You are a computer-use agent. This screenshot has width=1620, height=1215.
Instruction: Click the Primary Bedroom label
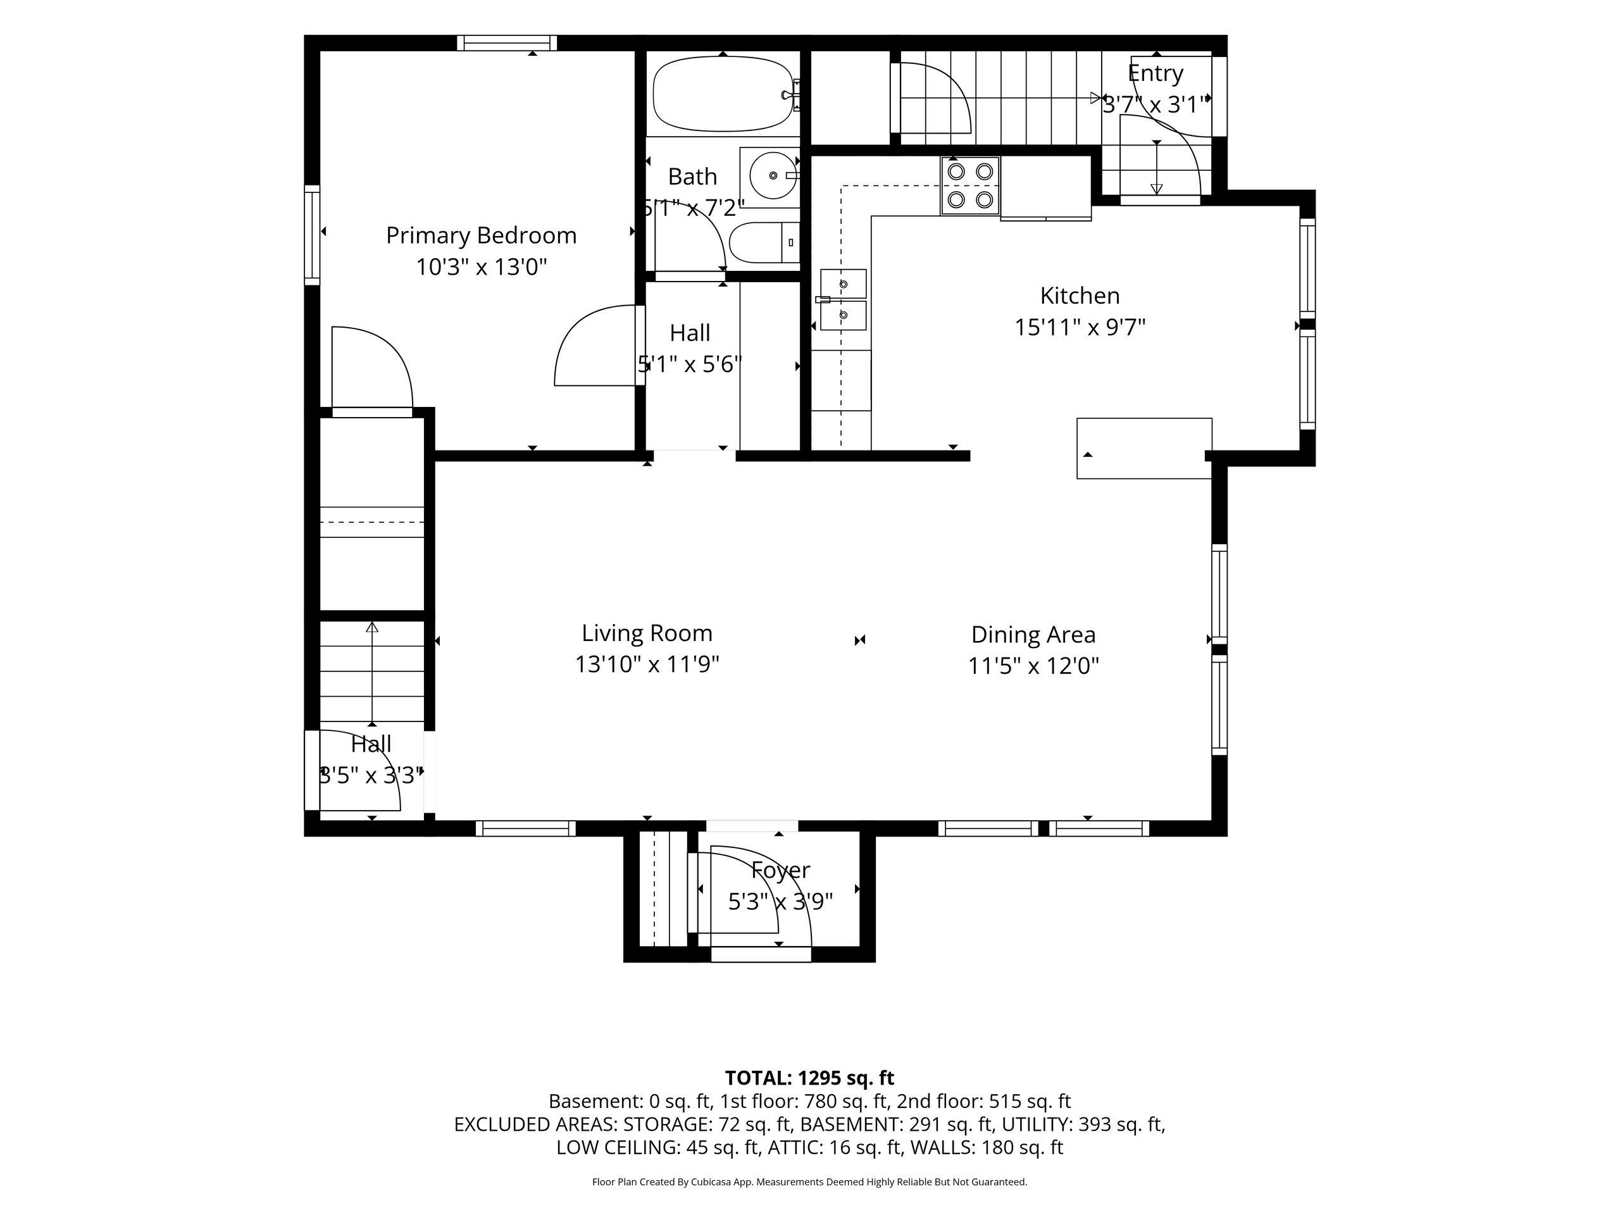481,236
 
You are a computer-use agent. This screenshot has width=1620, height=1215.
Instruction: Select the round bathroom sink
773,176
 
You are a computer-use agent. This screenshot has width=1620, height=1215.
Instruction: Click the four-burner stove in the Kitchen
970,186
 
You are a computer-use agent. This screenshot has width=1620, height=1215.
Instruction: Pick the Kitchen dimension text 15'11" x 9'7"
1080,327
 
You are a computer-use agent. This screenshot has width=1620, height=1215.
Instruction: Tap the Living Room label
647,633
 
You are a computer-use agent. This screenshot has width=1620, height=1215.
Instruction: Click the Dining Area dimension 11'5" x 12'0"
1033,666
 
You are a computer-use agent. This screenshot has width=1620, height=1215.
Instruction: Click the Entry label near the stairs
1156,73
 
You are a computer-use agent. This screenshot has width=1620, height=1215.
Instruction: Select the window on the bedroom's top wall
507,43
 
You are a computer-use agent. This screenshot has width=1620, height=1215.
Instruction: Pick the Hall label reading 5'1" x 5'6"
690,349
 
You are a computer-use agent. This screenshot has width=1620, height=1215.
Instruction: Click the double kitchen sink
843,299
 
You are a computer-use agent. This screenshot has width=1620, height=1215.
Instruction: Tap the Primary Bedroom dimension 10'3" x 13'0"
481,267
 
